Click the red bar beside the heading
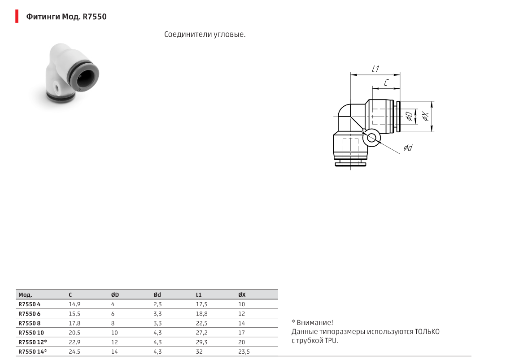(17, 17)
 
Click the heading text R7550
(95, 17)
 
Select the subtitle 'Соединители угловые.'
(205, 35)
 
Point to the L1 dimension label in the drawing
(375, 69)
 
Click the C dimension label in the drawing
(386, 83)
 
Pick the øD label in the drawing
(409, 117)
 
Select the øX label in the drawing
(426, 117)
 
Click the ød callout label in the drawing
(408, 148)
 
